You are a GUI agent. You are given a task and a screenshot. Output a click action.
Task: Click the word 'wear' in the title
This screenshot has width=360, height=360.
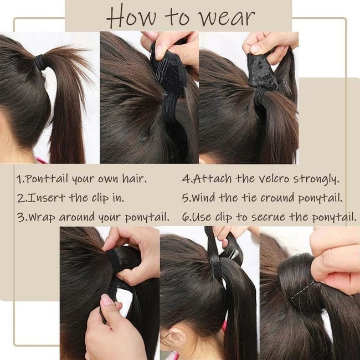[227, 18]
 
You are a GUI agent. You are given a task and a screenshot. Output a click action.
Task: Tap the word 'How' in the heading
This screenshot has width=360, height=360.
[131, 17]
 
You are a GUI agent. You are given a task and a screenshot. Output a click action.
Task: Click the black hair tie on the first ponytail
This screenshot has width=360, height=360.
[40, 63]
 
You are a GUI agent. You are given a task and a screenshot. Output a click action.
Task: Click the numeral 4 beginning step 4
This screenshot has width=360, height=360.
[185, 179]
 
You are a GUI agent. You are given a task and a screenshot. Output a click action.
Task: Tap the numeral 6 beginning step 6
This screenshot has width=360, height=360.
[185, 217]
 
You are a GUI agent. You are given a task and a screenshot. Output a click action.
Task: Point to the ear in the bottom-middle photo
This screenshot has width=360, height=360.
[177, 337]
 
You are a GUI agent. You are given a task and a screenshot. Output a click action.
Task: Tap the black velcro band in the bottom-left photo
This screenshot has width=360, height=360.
[114, 262]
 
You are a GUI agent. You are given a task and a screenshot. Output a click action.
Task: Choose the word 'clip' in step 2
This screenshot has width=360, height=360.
[100, 198]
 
